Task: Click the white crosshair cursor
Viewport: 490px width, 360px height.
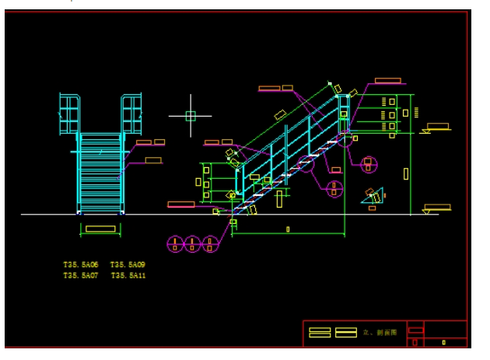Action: pos(191,116)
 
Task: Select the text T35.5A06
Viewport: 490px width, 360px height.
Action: pos(81,265)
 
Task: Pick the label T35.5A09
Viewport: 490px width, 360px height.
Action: pos(128,265)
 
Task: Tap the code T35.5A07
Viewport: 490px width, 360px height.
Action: pos(81,275)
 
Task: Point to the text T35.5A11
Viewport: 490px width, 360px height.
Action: pos(128,275)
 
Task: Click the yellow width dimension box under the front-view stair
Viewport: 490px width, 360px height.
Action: pos(100,229)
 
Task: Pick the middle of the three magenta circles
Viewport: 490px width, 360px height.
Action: pos(192,244)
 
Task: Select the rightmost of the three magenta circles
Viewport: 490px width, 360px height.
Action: pos(209,244)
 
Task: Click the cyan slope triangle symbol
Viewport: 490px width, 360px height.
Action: pos(373,196)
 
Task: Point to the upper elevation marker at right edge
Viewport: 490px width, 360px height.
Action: pos(436,127)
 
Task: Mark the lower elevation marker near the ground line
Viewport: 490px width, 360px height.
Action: pos(436,208)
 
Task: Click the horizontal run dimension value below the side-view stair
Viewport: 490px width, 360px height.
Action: pos(288,229)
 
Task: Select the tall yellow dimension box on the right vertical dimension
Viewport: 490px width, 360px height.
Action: pos(406,173)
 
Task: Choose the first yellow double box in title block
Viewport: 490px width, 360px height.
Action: pos(320,332)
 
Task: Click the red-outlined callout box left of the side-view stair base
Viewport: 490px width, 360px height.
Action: pos(181,204)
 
